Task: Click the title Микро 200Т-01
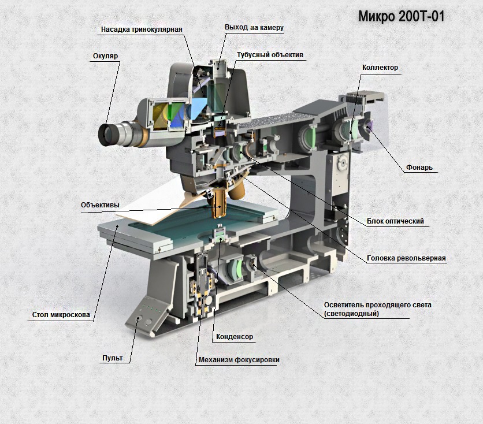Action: (x=401, y=16)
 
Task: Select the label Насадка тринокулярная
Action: (x=142, y=29)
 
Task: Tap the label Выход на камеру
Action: (x=254, y=27)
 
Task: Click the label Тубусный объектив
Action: (x=270, y=55)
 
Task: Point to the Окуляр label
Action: (x=105, y=56)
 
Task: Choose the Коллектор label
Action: (x=380, y=68)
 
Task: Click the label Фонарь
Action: (x=418, y=168)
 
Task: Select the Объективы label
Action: (x=101, y=204)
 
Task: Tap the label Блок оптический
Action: (x=396, y=221)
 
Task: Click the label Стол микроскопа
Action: (x=61, y=315)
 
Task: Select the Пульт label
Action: (x=112, y=358)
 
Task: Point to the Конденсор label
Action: (x=234, y=336)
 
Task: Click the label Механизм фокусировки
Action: (x=239, y=359)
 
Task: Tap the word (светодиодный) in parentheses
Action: (x=352, y=314)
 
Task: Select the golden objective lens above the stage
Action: (x=220, y=204)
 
